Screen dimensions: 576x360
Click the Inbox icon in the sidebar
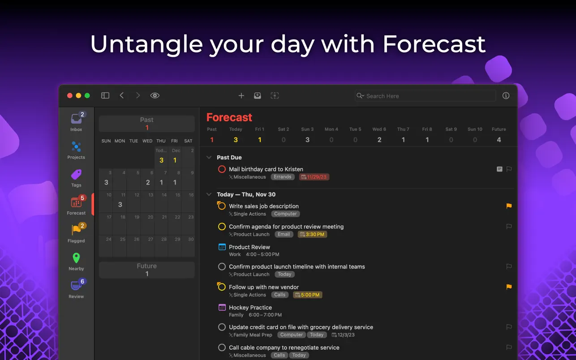77,119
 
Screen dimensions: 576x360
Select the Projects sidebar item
76,150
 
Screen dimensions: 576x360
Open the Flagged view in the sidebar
76,233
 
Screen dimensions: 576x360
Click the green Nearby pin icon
77,258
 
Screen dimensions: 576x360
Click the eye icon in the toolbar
155,96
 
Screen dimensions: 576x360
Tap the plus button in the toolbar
241,96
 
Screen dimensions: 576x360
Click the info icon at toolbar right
506,96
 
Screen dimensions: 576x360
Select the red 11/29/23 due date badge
314,177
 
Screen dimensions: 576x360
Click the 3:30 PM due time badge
312,234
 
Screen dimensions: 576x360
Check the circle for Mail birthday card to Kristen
222,169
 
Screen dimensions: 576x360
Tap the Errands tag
282,177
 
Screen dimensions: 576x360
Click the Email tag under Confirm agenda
284,234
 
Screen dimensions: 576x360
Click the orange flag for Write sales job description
509,206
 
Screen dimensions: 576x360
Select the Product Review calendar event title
249,247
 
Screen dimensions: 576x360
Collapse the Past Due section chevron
209,157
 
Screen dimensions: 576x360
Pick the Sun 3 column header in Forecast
307,129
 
